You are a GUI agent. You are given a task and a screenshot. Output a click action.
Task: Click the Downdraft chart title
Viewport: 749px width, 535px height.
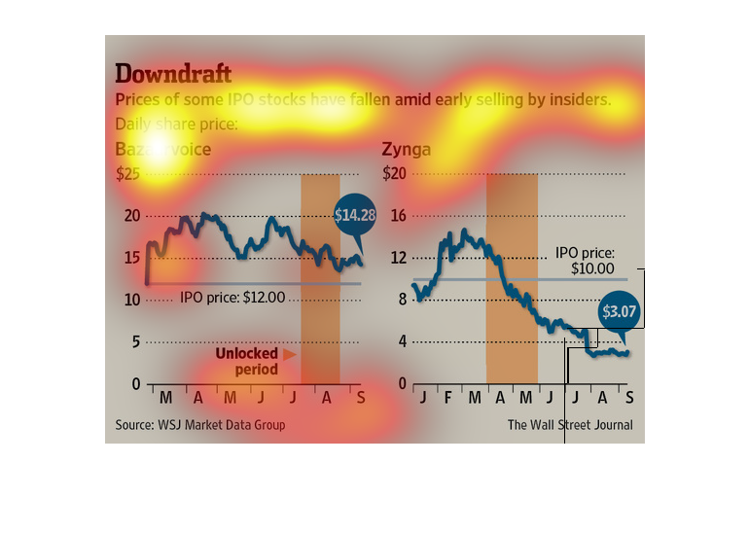point(173,74)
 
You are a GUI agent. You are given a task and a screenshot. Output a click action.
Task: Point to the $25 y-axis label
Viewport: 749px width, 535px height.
point(128,173)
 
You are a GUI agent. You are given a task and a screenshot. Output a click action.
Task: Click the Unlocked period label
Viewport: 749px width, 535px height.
point(247,361)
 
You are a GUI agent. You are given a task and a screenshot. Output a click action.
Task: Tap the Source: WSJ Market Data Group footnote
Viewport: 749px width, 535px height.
point(200,425)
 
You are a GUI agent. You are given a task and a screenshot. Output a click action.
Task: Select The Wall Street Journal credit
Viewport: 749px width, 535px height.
point(569,425)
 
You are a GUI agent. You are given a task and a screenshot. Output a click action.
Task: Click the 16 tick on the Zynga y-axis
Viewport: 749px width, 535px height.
point(396,215)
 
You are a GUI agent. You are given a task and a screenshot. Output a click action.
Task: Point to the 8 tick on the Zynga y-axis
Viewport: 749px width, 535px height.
point(399,300)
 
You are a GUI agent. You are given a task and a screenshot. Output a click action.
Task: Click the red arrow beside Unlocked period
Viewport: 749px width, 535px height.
point(291,355)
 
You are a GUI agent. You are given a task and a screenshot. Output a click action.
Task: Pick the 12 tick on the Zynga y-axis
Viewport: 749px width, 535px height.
point(396,258)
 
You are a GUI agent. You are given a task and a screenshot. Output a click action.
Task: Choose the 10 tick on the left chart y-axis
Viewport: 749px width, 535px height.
point(131,300)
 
